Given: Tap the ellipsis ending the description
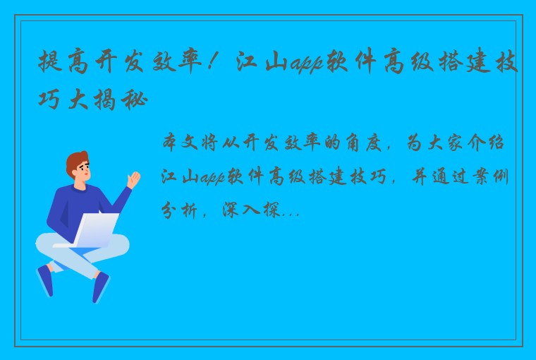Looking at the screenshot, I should (292, 211).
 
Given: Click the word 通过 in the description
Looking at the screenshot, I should (444, 176).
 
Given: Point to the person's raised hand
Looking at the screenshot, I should (133, 179).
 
